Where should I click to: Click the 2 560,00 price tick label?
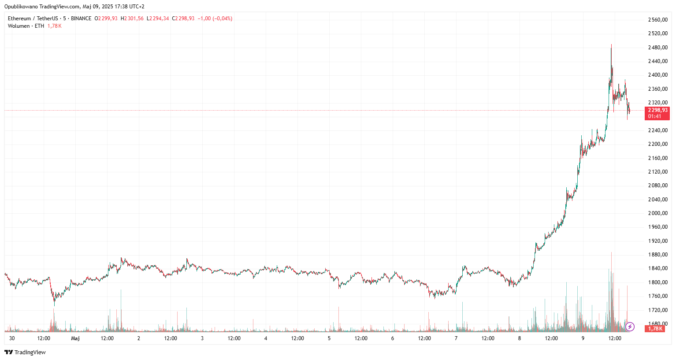[657, 20]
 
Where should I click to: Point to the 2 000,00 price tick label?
[657, 213]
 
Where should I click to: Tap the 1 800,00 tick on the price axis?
[657, 282]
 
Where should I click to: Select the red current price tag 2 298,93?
[657, 110]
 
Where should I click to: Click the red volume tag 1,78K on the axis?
[655, 329]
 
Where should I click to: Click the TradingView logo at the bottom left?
[25, 352]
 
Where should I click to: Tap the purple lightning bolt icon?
[630, 327]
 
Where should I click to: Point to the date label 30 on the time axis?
[12, 338]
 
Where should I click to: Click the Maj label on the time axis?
[75, 338]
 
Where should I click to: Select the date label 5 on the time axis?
[329, 338]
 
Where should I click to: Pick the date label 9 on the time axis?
[583, 338]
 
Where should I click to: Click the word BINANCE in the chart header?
[81, 19]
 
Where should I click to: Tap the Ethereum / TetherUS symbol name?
[33, 19]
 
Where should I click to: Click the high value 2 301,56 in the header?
[134, 19]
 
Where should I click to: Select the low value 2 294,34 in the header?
[159, 19]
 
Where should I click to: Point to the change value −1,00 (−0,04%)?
[215, 19]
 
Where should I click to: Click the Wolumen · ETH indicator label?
[26, 26]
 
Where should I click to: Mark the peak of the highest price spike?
[611, 45]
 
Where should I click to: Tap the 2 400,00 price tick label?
[657, 75]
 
